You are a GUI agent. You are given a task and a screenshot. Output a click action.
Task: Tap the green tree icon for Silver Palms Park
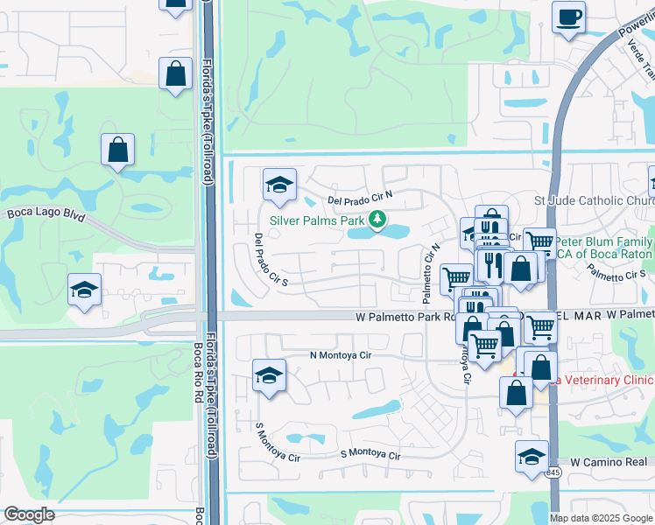[377, 219]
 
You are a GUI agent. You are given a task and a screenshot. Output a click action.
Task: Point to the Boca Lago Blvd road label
[46, 213]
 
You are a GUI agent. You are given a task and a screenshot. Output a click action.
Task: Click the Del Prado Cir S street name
[271, 261]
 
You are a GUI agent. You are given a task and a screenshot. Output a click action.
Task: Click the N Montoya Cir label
[341, 355]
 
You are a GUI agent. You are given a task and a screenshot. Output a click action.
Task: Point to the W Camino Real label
[612, 461]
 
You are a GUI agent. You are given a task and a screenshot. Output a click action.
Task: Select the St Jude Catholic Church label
[594, 201]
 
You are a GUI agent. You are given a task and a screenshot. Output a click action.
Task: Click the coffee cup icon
[568, 17]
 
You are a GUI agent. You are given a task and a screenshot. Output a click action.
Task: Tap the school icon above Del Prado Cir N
[279, 185]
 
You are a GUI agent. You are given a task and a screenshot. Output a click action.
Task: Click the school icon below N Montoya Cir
[269, 376]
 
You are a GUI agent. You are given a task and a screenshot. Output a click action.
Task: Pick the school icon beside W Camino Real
[532, 458]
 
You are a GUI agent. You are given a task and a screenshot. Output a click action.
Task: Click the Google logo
[29, 514]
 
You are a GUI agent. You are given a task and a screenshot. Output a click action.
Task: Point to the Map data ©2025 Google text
[600, 518]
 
